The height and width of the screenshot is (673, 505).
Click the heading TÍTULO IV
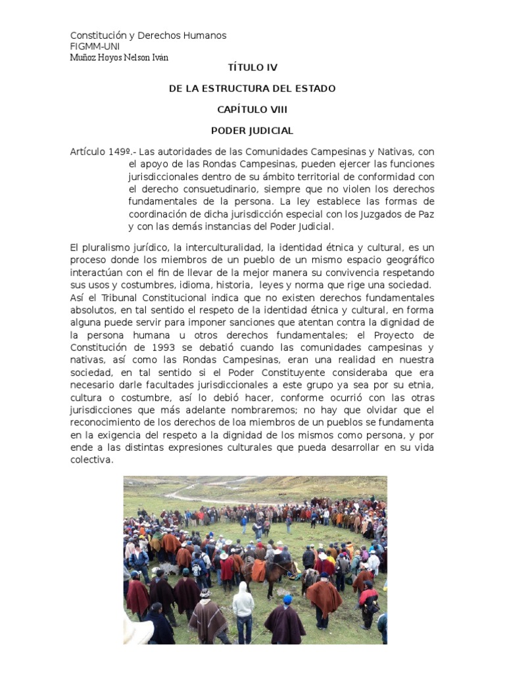click(x=252, y=68)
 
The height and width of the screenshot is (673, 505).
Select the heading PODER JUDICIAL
click(x=252, y=131)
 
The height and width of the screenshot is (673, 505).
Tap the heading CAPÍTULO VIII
click(x=252, y=110)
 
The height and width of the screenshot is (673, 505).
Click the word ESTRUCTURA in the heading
click(x=250, y=89)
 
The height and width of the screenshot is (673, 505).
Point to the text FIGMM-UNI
click(x=95, y=47)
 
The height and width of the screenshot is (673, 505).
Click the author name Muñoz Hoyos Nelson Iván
click(x=119, y=57)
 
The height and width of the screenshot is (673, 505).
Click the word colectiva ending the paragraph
click(x=92, y=460)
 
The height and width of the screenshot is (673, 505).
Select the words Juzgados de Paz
click(x=398, y=214)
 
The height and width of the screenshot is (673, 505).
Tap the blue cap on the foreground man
click(x=287, y=599)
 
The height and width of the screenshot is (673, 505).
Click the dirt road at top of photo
click(x=197, y=490)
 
